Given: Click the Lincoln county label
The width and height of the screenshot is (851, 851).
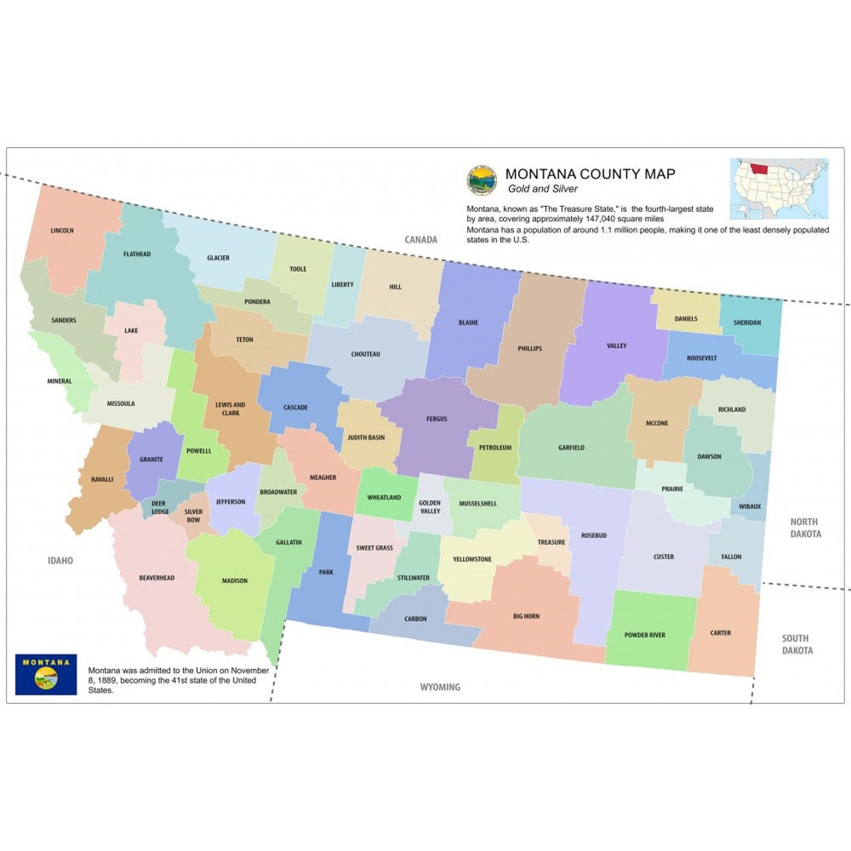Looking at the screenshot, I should pyautogui.click(x=62, y=231).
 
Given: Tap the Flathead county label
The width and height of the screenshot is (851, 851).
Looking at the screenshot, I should pyautogui.click(x=137, y=255).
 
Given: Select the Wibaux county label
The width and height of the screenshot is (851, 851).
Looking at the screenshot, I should pyautogui.click(x=750, y=507).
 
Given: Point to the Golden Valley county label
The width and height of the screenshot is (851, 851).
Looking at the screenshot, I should pyautogui.click(x=429, y=508).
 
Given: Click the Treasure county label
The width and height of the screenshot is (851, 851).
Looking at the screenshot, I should pyautogui.click(x=551, y=542).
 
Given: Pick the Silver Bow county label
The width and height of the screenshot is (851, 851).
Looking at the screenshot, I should pyautogui.click(x=193, y=516).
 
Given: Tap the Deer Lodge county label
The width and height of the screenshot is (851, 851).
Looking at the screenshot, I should pyautogui.click(x=160, y=508).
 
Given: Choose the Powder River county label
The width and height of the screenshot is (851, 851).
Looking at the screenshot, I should pyautogui.click(x=645, y=635).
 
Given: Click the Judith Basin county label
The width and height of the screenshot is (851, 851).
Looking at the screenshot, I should pyautogui.click(x=366, y=437).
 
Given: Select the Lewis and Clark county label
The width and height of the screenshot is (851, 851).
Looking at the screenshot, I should pyautogui.click(x=230, y=409).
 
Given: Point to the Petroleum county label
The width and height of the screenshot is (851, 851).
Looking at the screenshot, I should pyautogui.click(x=495, y=448).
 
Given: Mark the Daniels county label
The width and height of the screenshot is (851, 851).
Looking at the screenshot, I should pyautogui.click(x=686, y=319).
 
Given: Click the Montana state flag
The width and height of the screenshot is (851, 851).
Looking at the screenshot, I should pyautogui.click(x=46, y=675).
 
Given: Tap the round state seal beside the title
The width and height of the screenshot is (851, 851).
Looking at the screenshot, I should pyautogui.click(x=482, y=180).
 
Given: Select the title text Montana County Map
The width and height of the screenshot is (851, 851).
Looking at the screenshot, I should pyautogui.click(x=590, y=174).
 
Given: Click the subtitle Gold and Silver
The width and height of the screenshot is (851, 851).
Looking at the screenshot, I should pyautogui.click(x=542, y=189).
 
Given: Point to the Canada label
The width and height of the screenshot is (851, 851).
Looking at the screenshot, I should pyautogui.click(x=421, y=240).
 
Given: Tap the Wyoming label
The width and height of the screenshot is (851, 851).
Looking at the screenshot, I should pyautogui.click(x=440, y=687).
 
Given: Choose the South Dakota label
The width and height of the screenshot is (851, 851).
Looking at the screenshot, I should pyautogui.click(x=797, y=644).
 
